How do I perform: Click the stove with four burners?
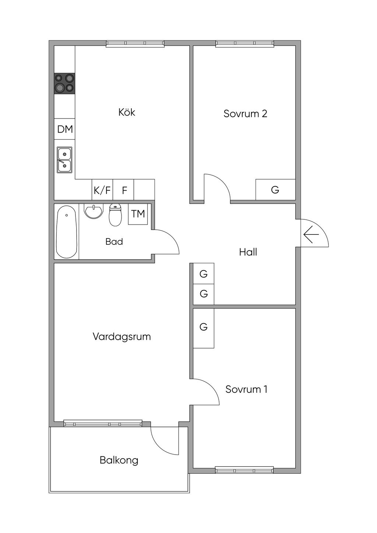[x=64, y=83]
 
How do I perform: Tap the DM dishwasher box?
[x=65, y=129]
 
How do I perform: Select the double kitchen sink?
[x=64, y=160]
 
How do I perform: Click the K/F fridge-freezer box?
[x=102, y=190]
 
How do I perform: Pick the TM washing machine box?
[x=138, y=214]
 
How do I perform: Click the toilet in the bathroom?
[x=115, y=215]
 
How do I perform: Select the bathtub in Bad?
[x=67, y=232]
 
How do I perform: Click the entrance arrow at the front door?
[x=311, y=234]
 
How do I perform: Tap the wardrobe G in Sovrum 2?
[x=275, y=190]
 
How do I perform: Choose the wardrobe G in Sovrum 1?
[x=204, y=327]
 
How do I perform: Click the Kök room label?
[x=127, y=112]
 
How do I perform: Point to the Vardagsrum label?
[x=121, y=336]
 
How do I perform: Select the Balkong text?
[x=119, y=460]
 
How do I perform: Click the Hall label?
[x=248, y=252]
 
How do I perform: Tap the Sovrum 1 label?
[x=246, y=389]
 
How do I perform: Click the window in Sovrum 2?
[x=245, y=43]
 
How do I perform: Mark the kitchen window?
[x=135, y=43]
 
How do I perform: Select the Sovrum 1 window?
[x=244, y=470]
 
